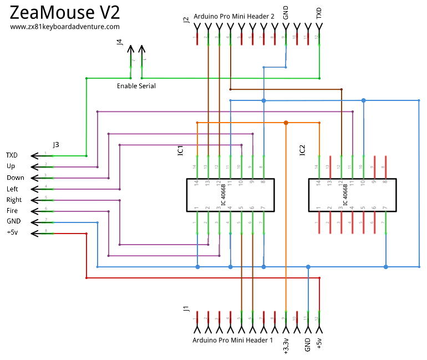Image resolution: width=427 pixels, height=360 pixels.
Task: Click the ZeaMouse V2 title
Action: point(65,12)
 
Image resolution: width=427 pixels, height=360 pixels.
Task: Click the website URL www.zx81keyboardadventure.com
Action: point(65,27)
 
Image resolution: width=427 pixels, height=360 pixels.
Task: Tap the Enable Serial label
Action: point(136,86)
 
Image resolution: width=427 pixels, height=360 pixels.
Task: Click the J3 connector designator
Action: point(56,145)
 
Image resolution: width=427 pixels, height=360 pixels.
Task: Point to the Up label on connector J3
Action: point(11,166)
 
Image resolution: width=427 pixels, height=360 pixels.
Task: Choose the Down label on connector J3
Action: point(16,178)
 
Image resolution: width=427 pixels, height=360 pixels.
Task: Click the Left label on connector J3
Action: point(12,189)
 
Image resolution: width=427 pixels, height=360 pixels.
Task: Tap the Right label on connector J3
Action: point(14,200)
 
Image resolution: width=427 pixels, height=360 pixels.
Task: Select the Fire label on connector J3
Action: point(12,211)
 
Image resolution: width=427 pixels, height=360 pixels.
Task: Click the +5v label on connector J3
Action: point(12,233)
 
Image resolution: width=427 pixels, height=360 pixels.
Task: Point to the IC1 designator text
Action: point(180,150)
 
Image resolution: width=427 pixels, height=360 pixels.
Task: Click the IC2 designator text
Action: point(302,150)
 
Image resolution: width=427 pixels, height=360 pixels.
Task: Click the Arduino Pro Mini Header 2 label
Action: point(234,17)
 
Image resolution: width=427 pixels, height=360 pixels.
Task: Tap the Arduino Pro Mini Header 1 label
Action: point(233,340)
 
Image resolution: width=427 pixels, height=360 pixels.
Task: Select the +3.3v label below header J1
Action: point(286,345)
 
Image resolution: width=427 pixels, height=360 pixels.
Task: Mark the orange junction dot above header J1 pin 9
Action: point(286,123)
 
